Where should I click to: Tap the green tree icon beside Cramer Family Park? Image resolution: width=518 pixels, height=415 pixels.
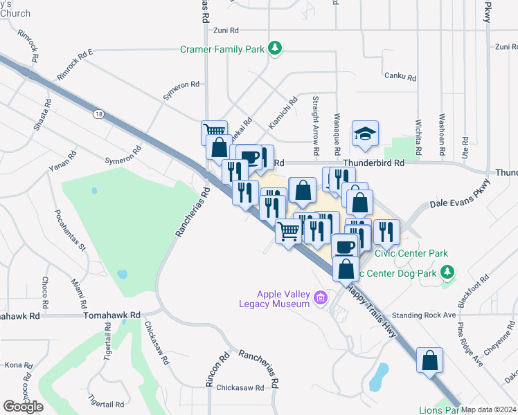point(276,48)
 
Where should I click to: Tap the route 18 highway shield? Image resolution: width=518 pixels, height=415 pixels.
point(100,114)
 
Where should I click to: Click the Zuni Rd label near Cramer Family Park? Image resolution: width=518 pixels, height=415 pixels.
point(226,30)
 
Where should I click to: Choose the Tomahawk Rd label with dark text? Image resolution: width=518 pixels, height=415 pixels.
point(111,315)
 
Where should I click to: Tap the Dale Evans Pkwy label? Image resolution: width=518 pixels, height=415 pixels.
point(459,194)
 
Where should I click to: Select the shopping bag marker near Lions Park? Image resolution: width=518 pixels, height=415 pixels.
point(429,360)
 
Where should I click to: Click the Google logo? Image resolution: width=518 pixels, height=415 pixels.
point(24,407)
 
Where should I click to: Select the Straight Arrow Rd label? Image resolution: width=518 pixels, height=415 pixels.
point(315,125)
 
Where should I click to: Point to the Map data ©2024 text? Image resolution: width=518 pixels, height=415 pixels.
point(489,409)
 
